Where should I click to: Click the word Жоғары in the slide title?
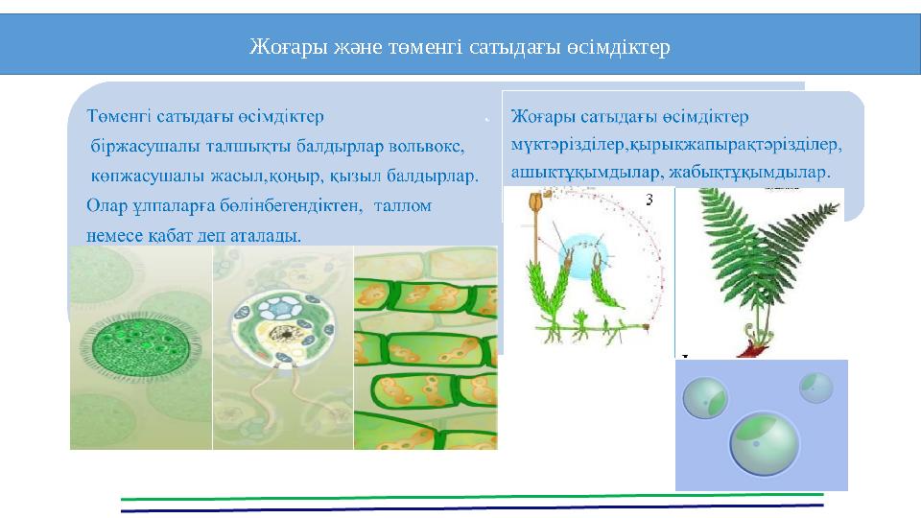coord(280,46)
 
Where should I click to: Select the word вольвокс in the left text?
coord(429,147)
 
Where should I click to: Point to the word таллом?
coord(402,205)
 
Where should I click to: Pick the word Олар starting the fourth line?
coord(106,205)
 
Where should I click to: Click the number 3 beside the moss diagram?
coord(649,200)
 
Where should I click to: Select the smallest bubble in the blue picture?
coord(815,387)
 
